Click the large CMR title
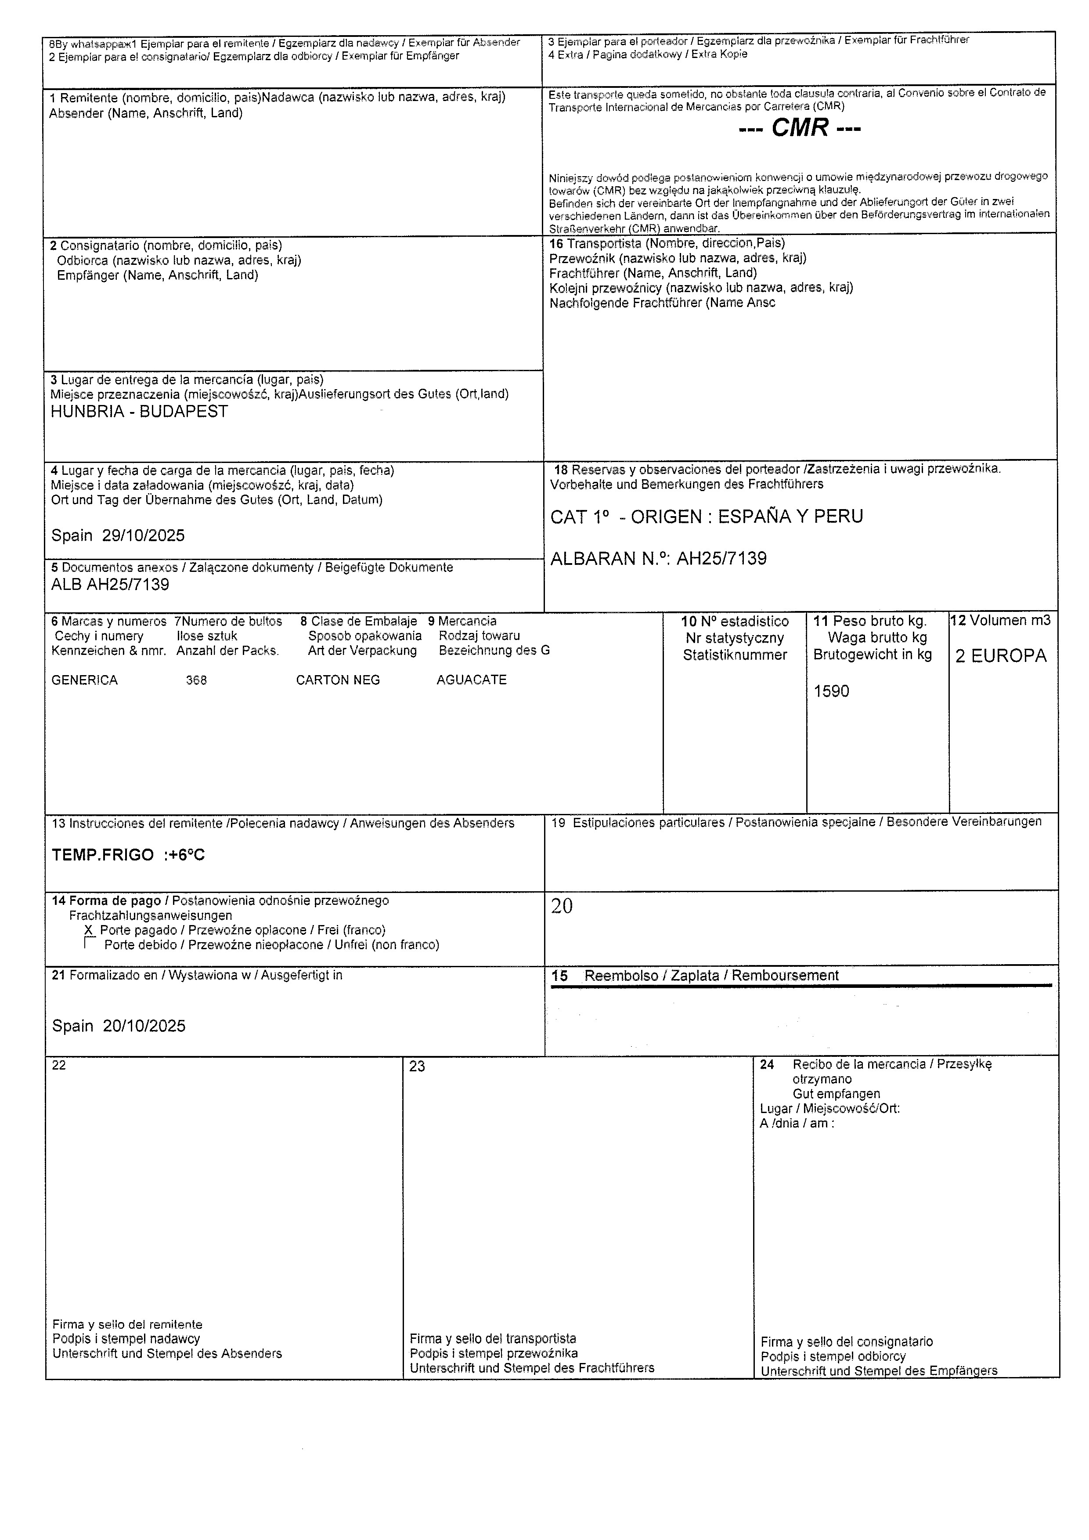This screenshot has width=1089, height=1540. point(799,127)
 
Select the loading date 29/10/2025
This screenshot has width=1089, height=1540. point(144,535)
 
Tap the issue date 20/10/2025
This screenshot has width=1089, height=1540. point(144,1026)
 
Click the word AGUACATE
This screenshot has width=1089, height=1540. point(472,680)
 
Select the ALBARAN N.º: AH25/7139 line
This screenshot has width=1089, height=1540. point(659,559)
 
